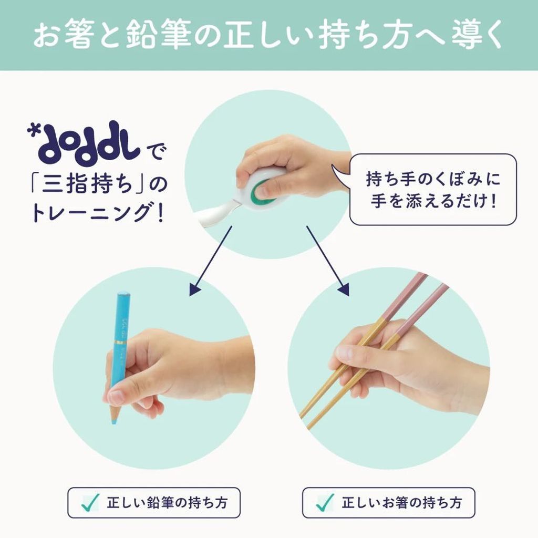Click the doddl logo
(x=84, y=143)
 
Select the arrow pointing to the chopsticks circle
(x=328, y=261)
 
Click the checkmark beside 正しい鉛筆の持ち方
(x=90, y=503)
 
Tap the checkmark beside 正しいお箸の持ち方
(x=325, y=503)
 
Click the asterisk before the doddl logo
(x=32, y=131)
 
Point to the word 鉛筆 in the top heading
(x=158, y=36)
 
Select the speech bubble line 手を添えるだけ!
(x=433, y=201)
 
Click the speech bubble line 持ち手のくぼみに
(x=433, y=179)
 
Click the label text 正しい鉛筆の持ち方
(x=167, y=503)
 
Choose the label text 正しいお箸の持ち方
(x=402, y=503)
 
